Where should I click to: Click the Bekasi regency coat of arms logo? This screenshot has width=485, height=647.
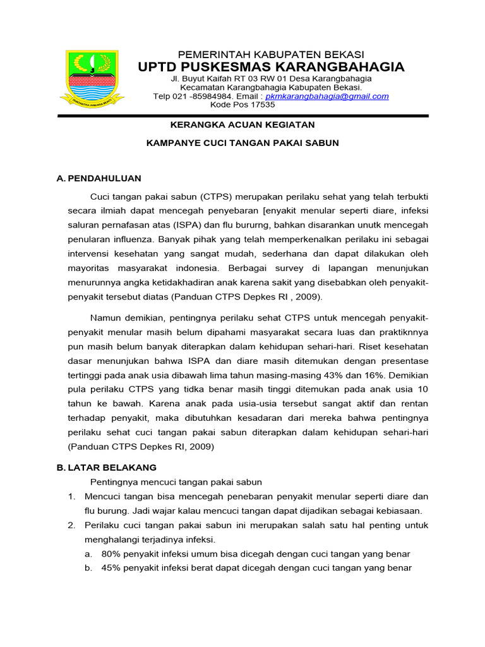(x=92, y=78)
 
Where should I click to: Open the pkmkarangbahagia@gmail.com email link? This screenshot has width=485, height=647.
(x=326, y=97)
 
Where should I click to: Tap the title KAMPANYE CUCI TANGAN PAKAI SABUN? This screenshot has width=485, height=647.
(x=243, y=143)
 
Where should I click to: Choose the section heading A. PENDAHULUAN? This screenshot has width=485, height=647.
(x=99, y=179)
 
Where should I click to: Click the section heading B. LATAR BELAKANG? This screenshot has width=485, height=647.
(x=107, y=468)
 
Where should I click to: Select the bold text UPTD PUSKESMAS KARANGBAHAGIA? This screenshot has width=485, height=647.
(x=272, y=67)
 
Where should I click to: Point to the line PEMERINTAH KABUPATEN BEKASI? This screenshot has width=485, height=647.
(x=271, y=54)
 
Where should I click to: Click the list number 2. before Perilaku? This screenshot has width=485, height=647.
(x=72, y=526)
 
